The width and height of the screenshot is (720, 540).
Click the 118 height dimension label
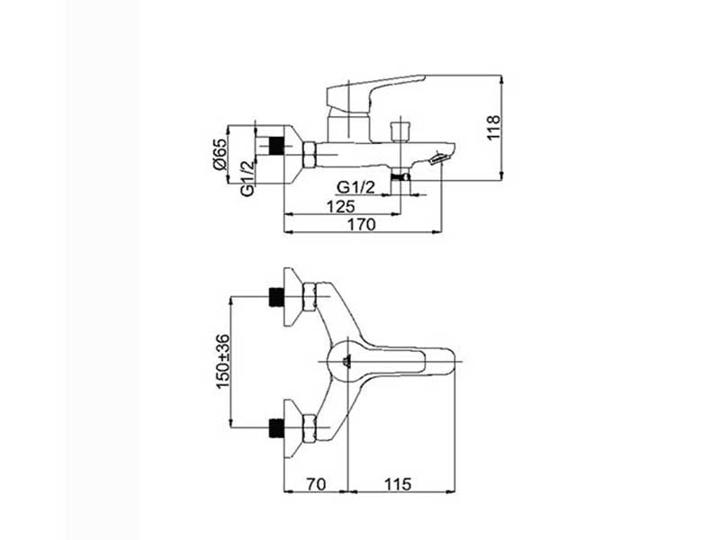pos(493,128)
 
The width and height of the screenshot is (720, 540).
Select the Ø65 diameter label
pos(220,154)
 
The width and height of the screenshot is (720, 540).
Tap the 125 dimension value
pos(340,206)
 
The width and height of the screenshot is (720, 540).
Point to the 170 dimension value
pos(361,224)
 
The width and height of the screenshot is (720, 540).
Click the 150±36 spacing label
pos(222,362)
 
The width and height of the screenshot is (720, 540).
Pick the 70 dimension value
pos(316,484)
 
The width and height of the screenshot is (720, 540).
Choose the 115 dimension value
pos(398,484)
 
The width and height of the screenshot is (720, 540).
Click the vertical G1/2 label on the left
pos(247,178)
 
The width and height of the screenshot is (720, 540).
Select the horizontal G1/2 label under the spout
pos(355,187)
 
